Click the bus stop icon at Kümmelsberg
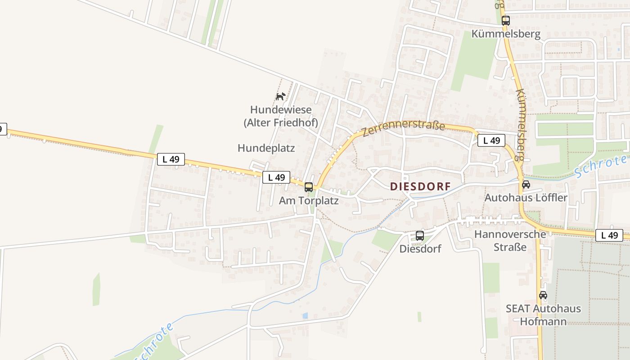click(x=505, y=21)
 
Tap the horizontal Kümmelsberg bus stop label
click(x=506, y=34)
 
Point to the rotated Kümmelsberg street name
click(x=520, y=124)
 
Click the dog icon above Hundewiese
click(x=280, y=96)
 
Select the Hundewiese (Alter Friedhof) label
click(x=281, y=116)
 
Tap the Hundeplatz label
click(x=266, y=148)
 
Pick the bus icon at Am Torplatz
click(x=309, y=187)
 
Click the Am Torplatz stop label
click(x=309, y=201)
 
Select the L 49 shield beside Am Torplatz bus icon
click(x=276, y=177)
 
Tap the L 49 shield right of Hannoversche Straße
click(x=609, y=235)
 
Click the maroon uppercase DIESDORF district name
click(x=420, y=186)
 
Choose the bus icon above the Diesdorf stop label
click(x=420, y=235)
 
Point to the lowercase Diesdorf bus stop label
click(x=420, y=248)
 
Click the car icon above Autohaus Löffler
click(x=526, y=184)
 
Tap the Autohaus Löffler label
click(x=526, y=198)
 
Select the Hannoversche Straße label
click(x=510, y=240)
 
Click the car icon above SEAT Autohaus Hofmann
click(x=543, y=296)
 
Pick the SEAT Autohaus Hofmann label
click(x=543, y=315)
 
